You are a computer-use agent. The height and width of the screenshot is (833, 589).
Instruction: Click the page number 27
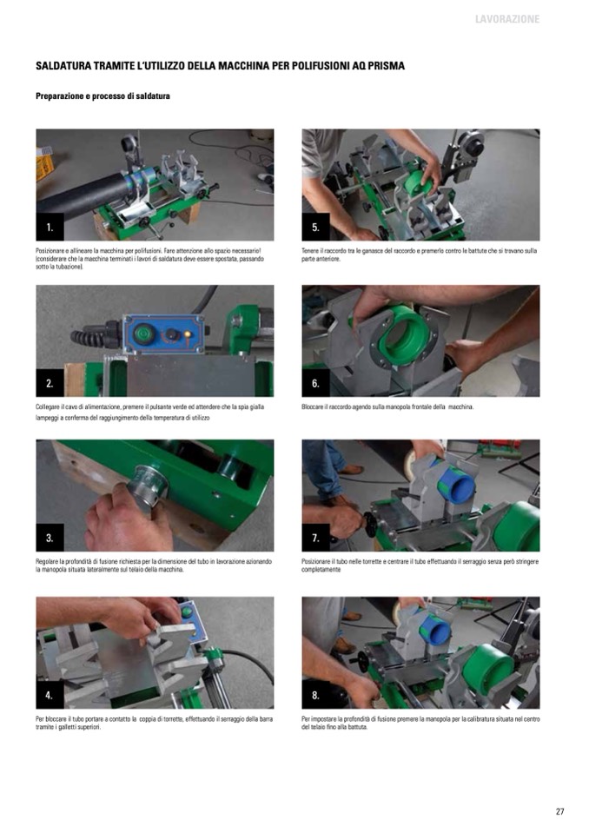pos(559,811)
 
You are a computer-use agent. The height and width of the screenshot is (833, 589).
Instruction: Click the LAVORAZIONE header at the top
pos(507,19)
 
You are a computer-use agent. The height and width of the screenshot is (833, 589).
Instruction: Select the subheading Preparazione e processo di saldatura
pos(103,96)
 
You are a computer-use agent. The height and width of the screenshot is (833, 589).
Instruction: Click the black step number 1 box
pos(50,228)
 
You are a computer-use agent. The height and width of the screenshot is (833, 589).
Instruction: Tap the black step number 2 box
pos(50,383)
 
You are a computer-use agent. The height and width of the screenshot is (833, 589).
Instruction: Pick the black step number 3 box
pos(50,538)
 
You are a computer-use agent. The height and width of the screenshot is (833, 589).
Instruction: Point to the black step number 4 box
pos(50,695)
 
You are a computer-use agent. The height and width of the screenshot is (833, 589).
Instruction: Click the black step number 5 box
pos(315,228)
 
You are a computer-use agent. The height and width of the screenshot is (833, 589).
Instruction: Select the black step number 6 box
pos(315,383)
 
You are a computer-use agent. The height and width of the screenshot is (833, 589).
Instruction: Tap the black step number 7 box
pos(315,538)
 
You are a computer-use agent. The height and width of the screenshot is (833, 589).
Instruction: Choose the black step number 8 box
pos(315,695)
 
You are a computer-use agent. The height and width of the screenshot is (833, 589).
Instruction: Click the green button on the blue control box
pos(142,333)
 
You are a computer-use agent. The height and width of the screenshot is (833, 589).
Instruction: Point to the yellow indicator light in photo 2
pos(187,333)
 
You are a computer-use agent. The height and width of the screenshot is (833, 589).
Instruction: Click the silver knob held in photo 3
pos(148,485)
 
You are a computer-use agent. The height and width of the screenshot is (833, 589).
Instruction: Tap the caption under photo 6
pos(387,407)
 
